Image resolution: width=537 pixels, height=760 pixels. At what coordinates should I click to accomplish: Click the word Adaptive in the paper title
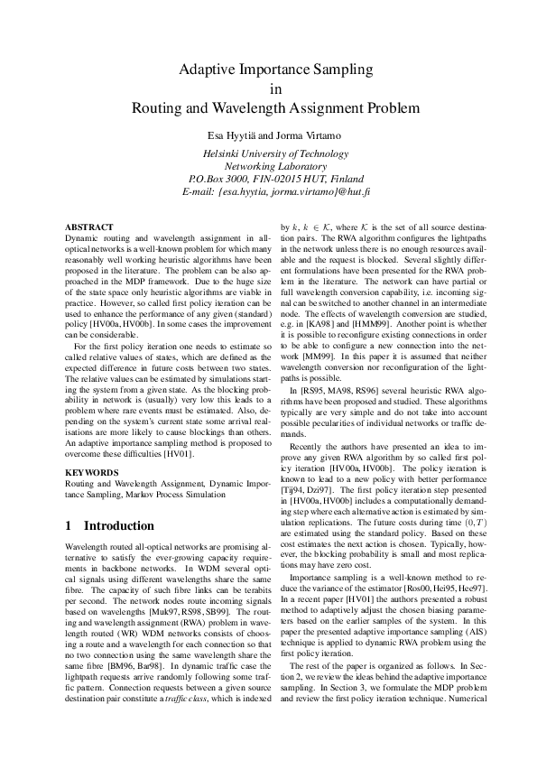pyautogui.click(x=208, y=70)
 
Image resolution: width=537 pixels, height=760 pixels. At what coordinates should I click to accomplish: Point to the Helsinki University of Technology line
pyautogui.click(x=270, y=153)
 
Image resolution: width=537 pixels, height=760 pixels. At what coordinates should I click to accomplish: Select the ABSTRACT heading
pyautogui.click(x=89, y=227)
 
